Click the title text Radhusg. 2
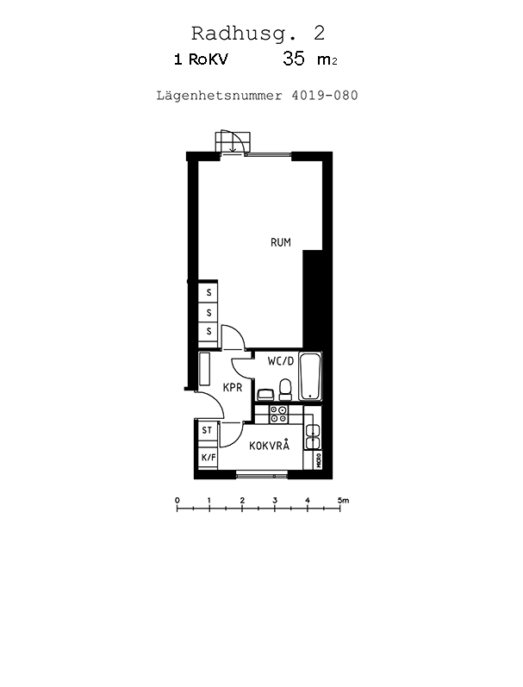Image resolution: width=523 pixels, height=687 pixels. click(258, 34)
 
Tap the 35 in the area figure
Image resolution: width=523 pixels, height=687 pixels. click(294, 59)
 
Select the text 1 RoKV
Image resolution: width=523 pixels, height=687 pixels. click(201, 59)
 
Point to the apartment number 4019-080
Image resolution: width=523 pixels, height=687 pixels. click(325, 95)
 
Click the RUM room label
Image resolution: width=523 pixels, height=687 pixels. click(280, 242)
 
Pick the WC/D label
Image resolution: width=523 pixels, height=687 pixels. click(281, 361)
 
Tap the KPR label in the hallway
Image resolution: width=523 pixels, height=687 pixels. click(233, 387)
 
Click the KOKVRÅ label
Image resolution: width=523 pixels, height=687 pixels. click(270, 445)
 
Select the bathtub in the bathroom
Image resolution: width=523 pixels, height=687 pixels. click(310, 377)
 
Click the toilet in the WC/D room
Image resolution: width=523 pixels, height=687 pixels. click(285, 390)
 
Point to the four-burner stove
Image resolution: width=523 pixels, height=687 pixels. click(278, 415)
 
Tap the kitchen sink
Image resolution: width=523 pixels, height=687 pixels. click(313, 437)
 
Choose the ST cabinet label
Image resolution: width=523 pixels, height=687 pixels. click(207, 430)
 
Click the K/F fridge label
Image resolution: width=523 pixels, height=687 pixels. click(209, 458)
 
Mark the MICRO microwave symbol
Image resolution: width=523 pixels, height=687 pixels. click(319, 459)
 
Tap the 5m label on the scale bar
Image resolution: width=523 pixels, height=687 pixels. click(343, 500)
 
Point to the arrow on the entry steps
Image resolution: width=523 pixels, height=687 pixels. click(233, 144)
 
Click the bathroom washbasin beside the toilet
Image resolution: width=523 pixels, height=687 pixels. click(265, 395)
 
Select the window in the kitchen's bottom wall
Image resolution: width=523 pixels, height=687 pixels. click(262, 473)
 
